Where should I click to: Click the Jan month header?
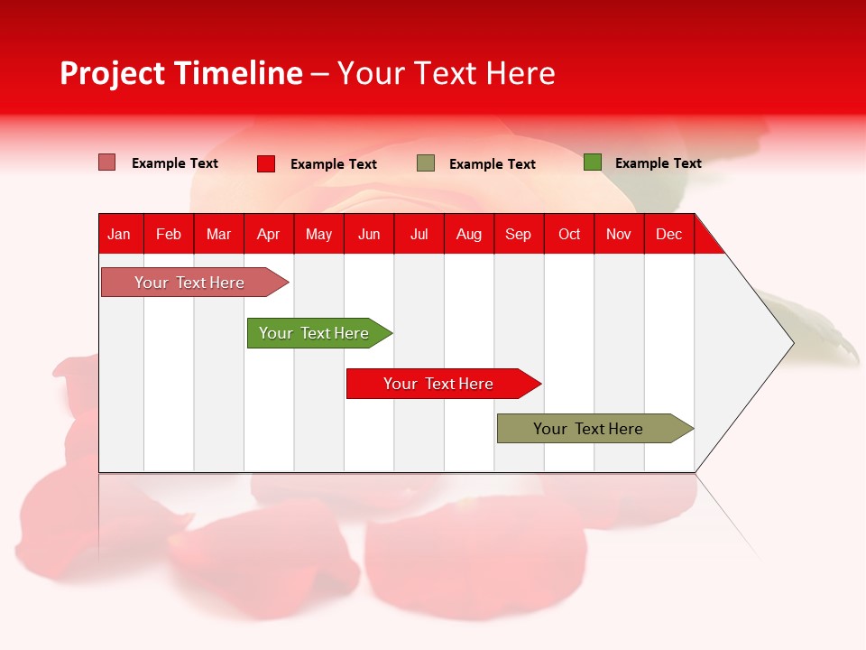(119, 234)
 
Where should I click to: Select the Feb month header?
(169, 234)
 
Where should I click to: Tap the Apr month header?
(268, 234)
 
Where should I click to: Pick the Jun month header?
(369, 234)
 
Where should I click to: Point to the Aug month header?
(468, 234)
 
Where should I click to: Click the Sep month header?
(518, 234)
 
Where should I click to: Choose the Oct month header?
(569, 234)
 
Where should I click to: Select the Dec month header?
(668, 234)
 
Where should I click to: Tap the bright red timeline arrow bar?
(439, 384)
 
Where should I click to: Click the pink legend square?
(107, 162)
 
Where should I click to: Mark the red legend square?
(266, 163)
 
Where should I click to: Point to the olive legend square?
(426, 162)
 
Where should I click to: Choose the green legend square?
(593, 162)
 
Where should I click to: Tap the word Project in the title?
(113, 73)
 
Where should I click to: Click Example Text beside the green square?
(658, 163)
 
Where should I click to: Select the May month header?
(318, 234)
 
